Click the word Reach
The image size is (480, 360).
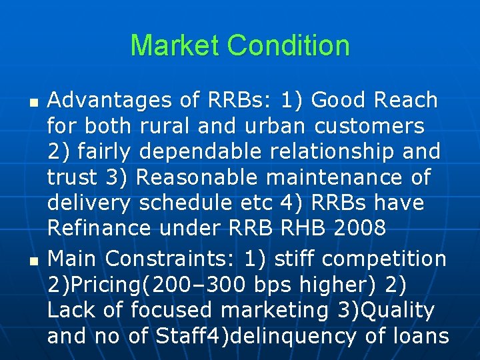pos(406,101)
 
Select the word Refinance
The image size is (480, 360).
pos(99,228)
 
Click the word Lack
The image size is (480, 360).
pos(71,310)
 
